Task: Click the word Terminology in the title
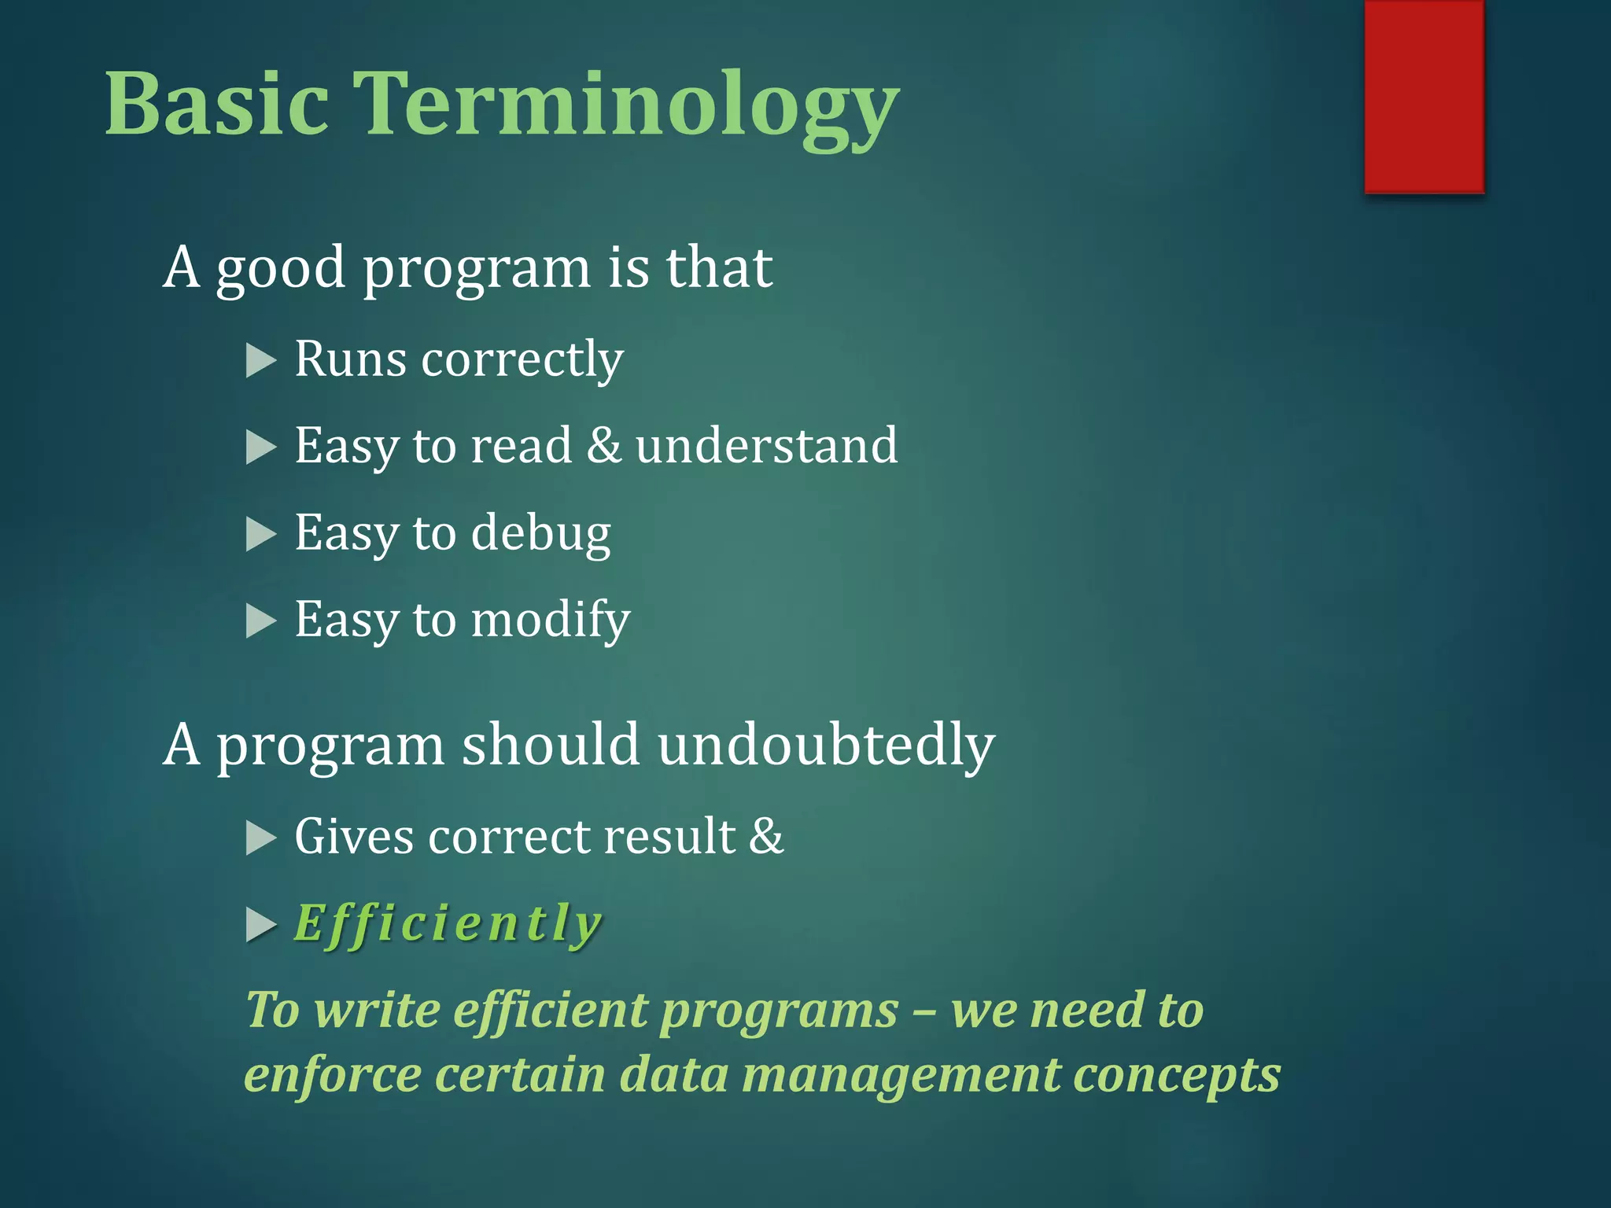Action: [x=625, y=106]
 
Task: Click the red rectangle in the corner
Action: [x=1424, y=96]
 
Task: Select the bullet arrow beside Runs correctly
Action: [x=260, y=361]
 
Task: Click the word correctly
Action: [x=522, y=361]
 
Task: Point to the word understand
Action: [x=766, y=446]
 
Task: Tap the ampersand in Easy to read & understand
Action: [x=604, y=446]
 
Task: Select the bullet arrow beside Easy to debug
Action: [x=260, y=535]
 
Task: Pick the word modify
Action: [x=551, y=621]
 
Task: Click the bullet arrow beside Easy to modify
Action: [x=260, y=621]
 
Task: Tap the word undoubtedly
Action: [x=826, y=746]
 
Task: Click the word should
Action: [x=550, y=744]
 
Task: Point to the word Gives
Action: [x=354, y=837]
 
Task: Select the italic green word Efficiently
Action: [x=448, y=924]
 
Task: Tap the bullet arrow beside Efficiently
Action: [x=260, y=925]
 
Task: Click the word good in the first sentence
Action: [x=281, y=269]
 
